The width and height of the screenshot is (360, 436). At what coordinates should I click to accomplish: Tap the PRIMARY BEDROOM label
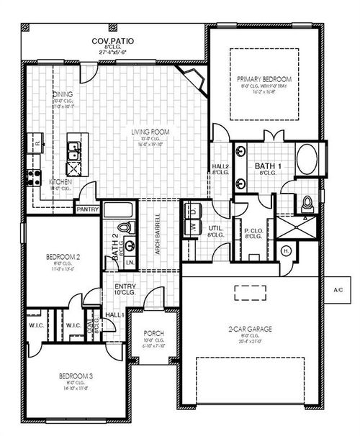pos(264,78)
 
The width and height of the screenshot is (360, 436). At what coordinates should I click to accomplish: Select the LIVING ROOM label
pos(150,132)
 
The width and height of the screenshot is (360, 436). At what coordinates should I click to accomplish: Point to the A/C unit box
pos(338,289)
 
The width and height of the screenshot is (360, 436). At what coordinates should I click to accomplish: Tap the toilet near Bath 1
pos(307,203)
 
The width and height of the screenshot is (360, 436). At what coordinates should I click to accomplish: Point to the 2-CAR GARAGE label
pos(251,330)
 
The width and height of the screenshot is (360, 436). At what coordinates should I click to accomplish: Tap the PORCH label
pos(153,333)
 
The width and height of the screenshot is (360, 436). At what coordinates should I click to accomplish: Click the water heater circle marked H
pos(285,251)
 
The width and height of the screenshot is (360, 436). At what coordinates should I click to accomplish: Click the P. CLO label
pos(252,232)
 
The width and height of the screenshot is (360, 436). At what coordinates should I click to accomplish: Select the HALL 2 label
pos(220,167)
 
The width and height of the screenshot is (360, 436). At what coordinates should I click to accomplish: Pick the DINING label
pos(63,94)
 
